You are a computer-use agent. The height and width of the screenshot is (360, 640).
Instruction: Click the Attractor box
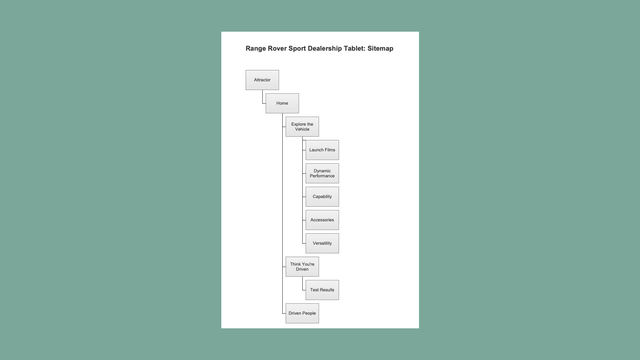click(x=262, y=80)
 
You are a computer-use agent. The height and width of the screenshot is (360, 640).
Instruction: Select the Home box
click(x=282, y=103)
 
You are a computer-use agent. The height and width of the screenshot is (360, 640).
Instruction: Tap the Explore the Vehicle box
click(x=302, y=127)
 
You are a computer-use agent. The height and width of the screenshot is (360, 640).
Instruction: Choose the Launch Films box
click(x=322, y=150)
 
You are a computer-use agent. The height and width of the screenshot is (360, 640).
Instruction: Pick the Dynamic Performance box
click(x=322, y=173)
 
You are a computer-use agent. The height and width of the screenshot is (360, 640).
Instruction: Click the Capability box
click(x=322, y=197)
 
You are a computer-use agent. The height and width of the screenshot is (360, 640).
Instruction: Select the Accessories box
click(x=322, y=220)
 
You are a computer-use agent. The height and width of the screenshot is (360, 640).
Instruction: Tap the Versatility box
click(x=322, y=243)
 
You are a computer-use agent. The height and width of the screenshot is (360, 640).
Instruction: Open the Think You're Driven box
click(x=302, y=267)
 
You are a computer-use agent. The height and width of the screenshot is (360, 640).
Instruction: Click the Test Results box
click(x=322, y=290)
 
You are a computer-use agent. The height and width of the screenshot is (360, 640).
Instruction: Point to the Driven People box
click(x=302, y=313)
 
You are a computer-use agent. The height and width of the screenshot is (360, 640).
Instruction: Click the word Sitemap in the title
click(x=380, y=49)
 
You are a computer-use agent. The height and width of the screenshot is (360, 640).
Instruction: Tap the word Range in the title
click(x=256, y=49)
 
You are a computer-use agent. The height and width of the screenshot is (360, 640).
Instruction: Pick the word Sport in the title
click(x=297, y=49)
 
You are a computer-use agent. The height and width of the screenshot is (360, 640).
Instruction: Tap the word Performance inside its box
click(x=322, y=176)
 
